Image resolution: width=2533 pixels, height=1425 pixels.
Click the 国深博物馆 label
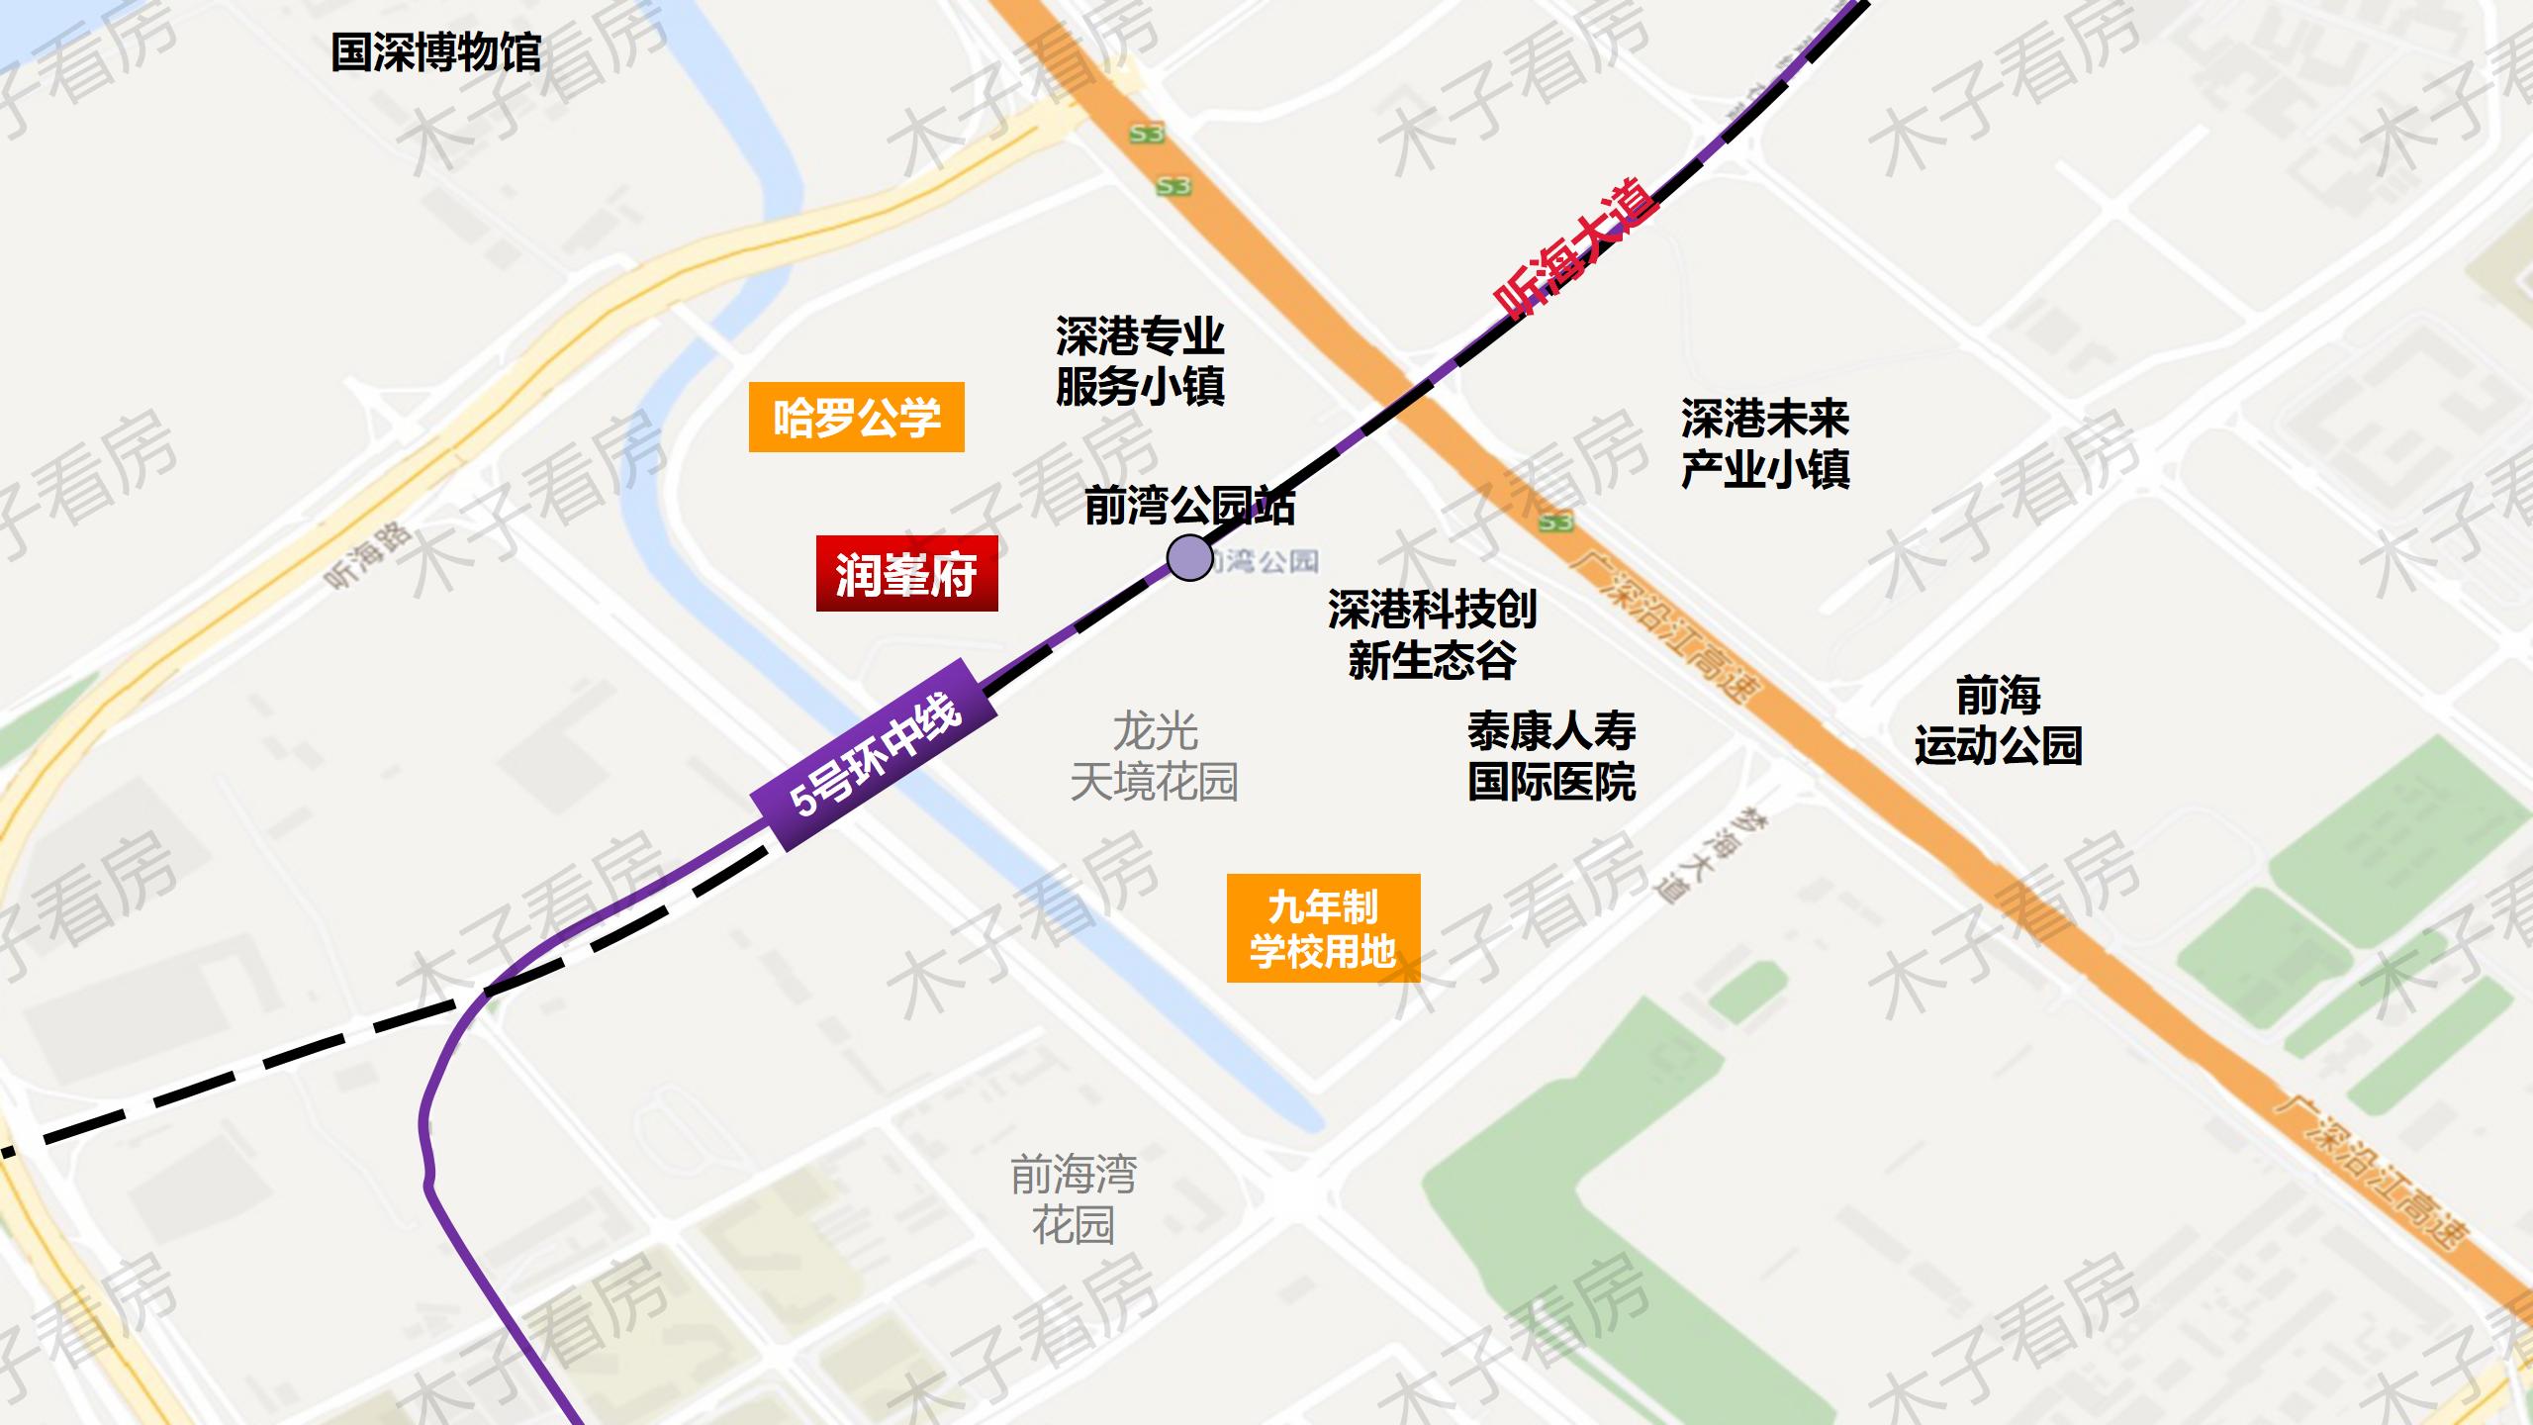(435, 52)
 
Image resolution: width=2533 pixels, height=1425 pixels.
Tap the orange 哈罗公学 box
(856, 417)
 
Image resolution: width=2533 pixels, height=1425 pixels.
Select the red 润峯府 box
(906, 574)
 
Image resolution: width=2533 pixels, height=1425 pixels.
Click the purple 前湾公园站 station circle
(1189, 557)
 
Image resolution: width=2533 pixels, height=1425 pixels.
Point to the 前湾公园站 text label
(1189, 506)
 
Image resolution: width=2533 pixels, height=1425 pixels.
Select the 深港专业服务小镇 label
(1140, 361)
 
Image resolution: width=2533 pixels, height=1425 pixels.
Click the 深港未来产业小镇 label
(1765, 443)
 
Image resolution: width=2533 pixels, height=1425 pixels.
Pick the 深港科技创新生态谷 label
(1432, 634)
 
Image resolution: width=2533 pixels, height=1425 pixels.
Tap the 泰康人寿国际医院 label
(1551, 757)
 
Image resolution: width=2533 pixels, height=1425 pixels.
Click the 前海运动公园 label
(1998, 720)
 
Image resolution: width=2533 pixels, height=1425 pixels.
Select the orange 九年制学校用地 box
(1323, 928)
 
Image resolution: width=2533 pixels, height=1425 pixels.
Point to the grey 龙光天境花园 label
(1155, 757)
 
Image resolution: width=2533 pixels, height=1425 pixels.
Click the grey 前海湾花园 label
(1074, 1199)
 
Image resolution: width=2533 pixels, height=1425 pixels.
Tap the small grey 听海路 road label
(368, 555)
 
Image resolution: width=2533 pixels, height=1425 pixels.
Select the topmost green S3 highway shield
(1147, 133)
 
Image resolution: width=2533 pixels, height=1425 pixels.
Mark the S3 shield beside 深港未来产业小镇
(1555, 521)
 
